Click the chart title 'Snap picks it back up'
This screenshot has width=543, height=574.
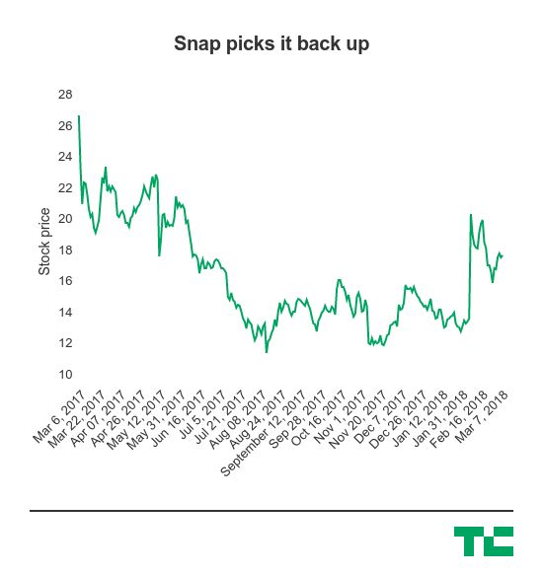click(271, 44)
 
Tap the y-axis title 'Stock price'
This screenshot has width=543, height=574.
click(44, 242)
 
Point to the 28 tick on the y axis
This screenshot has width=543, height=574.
click(65, 95)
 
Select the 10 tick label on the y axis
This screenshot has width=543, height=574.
click(65, 375)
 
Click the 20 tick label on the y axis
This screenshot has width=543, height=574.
click(65, 219)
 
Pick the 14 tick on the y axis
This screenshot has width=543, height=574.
click(65, 313)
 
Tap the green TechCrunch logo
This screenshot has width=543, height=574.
click(484, 541)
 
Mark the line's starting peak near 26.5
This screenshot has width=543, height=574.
click(79, 116)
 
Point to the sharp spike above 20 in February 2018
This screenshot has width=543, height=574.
click(471, 215)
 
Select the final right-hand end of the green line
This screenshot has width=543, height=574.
click(503, 256)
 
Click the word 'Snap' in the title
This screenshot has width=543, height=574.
click(194, 44)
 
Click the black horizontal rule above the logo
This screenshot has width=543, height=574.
click(271, 511)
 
